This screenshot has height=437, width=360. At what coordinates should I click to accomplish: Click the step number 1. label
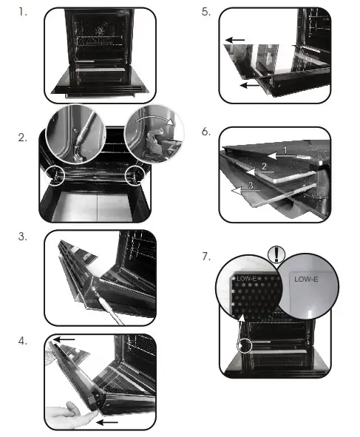click(23, 13)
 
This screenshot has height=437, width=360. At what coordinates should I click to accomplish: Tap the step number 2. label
click(23, 138)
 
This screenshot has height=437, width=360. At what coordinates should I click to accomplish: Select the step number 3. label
click(23, 237)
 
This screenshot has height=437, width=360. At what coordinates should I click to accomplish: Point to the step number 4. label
click(23, 341)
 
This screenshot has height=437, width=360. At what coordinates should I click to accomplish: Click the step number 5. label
click(206, 12)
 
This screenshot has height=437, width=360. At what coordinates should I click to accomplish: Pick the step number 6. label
click(206, 132)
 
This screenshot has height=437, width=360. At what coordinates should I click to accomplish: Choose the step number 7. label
click(206, 257)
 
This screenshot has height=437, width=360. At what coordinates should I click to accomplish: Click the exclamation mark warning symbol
click(276, 254)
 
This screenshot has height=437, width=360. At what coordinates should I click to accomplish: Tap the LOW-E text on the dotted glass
click(246, 279)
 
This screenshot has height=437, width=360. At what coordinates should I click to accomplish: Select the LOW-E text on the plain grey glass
click(306, 279)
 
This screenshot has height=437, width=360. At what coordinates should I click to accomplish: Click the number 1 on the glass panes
click(285, 150)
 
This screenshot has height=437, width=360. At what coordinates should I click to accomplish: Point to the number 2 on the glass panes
click(264, 166)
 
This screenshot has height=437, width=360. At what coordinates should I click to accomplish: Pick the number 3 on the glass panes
click(251, 185)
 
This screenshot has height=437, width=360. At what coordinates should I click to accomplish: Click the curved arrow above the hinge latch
click(154, 118)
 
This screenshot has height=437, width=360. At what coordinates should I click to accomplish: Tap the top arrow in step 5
click(234, 40)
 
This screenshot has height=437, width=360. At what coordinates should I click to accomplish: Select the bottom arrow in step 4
click(107, 422)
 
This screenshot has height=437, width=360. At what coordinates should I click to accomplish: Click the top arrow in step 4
click(64, 339)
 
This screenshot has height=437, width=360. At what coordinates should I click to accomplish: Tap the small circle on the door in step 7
click(245, 346)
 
